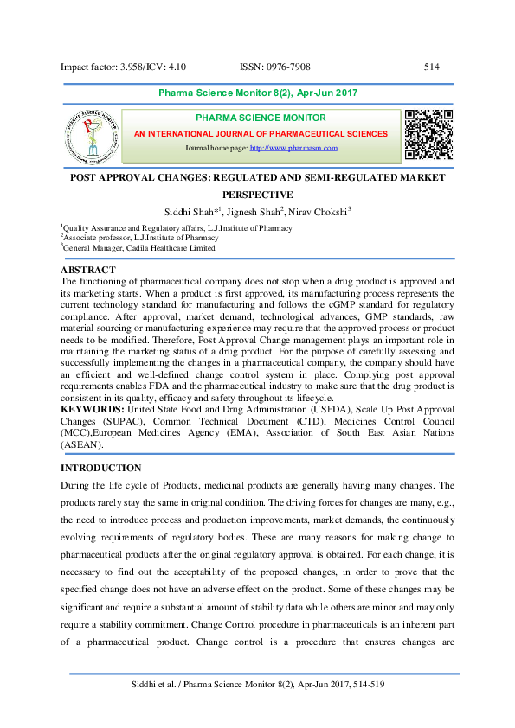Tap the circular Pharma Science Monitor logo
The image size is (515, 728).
90,137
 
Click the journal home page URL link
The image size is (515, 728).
293,149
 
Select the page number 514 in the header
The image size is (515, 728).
432,67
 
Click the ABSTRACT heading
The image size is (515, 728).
87,270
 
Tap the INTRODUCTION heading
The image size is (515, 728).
100,468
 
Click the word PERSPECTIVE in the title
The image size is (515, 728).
258,195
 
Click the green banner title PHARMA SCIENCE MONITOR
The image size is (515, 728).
261,118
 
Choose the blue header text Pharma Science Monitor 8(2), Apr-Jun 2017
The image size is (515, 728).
258,93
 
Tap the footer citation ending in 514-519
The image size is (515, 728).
257,685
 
